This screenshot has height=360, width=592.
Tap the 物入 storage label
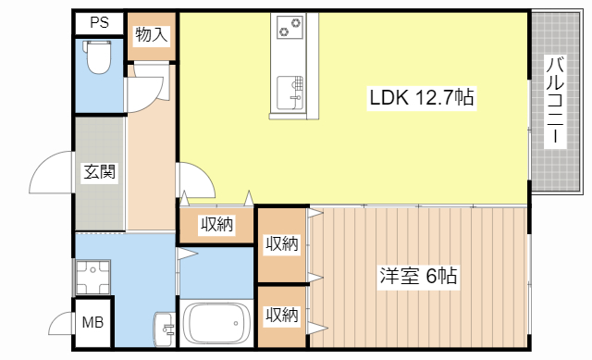[x=151, y=35]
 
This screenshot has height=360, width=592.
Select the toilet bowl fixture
[x=96, y=59]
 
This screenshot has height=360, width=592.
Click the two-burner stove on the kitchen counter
[x=290, y=30]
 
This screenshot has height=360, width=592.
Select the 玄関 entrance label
[x=99, y=172]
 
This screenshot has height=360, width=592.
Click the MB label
[x=92, y=324]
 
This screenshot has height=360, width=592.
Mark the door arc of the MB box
[x=59, y=324]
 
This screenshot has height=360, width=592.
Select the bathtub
[x=217, y=325]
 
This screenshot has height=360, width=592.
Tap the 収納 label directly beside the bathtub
[x=282, y=315]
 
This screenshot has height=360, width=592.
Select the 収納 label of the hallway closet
[x=216, y=224]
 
